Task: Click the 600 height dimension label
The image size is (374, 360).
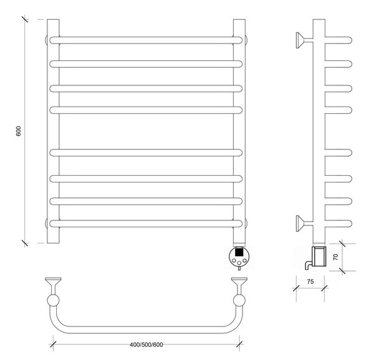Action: click(x=18, y=131)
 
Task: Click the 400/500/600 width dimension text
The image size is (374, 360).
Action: click(x=146, y=345)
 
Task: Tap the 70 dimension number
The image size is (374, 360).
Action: click(x=335, y=257)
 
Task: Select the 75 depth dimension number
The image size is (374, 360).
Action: click(x=310, y=282)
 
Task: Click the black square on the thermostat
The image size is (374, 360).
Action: click(x=239, y=252)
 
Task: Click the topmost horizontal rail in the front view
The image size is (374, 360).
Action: click(x=146, y=40)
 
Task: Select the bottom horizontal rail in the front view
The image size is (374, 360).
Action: click(x=146, y=224)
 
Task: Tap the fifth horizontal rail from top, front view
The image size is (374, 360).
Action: click(x=146, y=153)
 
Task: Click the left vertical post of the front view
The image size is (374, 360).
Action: click(x=53, y=131)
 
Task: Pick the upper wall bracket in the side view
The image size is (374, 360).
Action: click(x=304, y=40)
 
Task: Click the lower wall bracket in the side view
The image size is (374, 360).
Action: click(x=304, y=224)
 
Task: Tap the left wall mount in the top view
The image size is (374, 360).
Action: click(x=53, y=285)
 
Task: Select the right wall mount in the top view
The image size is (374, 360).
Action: click(x=239, y=285)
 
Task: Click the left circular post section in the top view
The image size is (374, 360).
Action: click(x=53, y=300)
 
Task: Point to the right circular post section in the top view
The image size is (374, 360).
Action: click(x=239, y=300)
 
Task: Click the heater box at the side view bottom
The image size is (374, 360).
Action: click(x=319, y=257)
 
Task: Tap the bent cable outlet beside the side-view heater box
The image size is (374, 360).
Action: click(x=307, y=265)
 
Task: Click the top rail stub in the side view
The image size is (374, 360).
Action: click(x=338, y=40)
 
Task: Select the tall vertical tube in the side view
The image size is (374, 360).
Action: click(x=319, y=131)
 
